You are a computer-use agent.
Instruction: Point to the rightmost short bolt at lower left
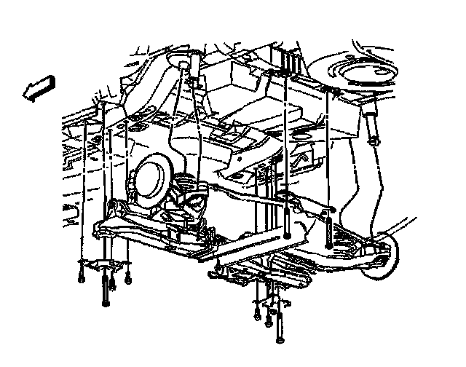tap(127, 276)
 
